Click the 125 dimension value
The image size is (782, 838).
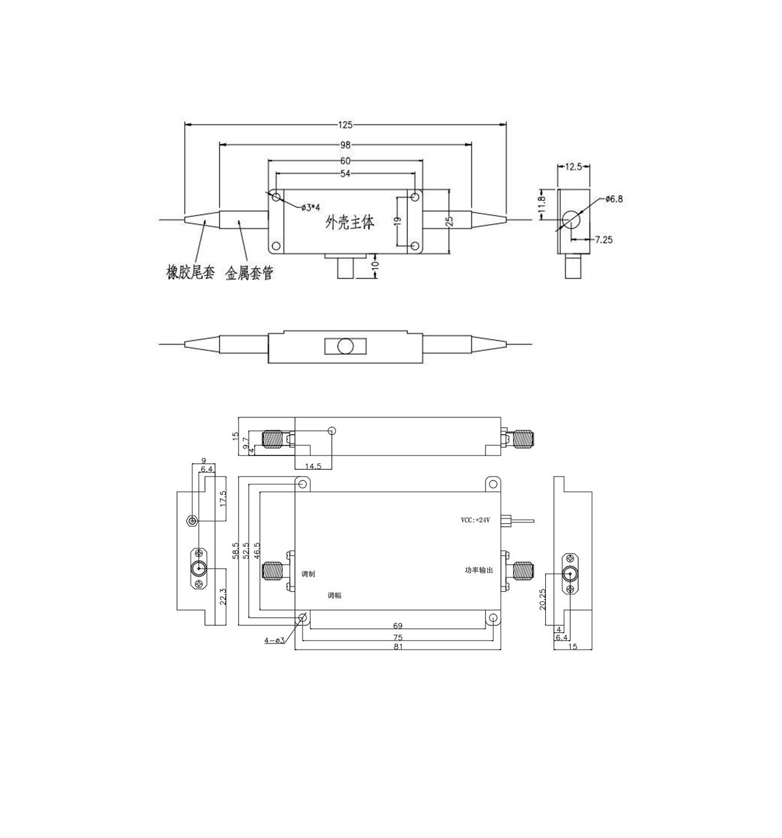345,125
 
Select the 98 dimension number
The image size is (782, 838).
345,145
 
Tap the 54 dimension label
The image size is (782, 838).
345,173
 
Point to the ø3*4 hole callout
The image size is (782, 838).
311,207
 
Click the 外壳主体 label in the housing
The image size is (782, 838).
350,222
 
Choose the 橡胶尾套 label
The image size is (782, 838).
191,272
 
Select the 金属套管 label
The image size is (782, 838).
249,273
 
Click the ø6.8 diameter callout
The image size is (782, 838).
614,199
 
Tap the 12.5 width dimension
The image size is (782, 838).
574,166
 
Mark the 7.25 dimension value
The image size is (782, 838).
603,240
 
